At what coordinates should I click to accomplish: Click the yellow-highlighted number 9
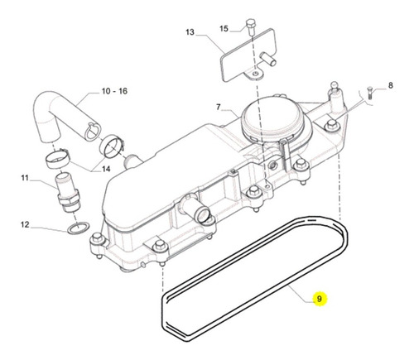click(320, 299)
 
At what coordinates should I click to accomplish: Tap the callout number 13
click(190, 32)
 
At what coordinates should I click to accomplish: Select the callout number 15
click(224, 28)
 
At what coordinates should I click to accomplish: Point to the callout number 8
click(390, 85)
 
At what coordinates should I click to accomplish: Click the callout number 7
click(219, 107)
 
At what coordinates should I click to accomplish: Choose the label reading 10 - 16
click(114, 91)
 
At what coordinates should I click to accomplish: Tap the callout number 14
click(106, 169)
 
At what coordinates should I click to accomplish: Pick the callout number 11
click(25, 178)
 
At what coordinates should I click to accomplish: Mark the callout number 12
click(25, 224)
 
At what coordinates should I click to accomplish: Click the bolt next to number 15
click(251, 26)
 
